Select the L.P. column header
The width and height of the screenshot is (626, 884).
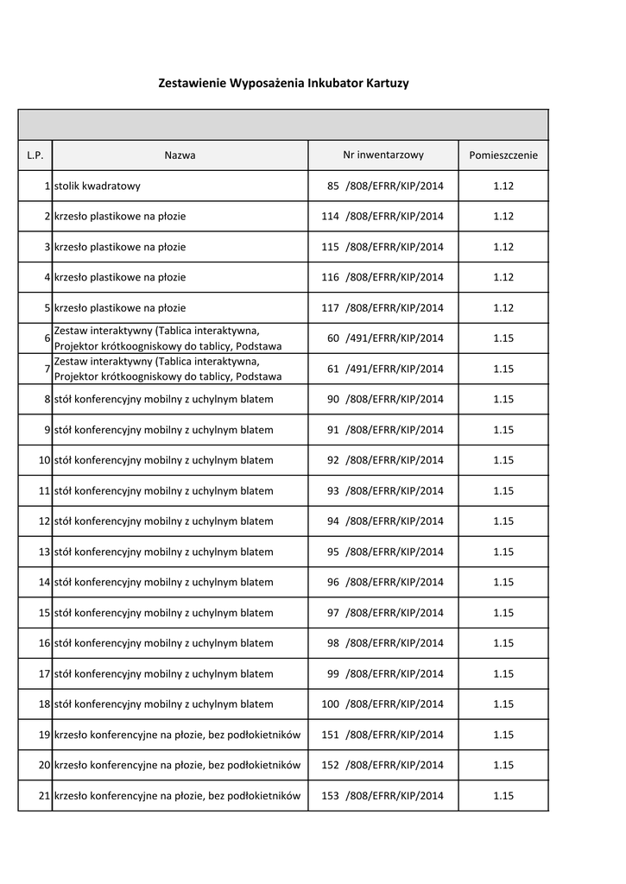35,155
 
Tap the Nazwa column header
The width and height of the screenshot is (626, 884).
180,155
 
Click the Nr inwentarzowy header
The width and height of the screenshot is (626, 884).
383,155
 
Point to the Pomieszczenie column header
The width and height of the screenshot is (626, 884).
503,155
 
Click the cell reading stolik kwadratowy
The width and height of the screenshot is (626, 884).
98,186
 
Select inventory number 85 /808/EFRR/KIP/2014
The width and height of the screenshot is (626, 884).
383,186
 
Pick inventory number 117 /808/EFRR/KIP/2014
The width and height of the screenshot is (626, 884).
383,308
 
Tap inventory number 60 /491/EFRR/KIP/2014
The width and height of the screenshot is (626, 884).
383,338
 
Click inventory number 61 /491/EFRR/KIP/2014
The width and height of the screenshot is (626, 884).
383,369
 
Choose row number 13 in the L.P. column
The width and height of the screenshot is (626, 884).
44,552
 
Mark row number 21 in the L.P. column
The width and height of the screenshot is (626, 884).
44,796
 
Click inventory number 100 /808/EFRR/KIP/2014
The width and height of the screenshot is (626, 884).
383,704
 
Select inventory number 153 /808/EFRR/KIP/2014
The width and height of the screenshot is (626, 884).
383,796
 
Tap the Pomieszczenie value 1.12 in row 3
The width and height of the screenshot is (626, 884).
503,247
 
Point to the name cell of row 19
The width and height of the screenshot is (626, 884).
177,735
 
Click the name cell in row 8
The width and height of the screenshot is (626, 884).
163,400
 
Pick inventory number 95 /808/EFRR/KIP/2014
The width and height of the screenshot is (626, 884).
383,552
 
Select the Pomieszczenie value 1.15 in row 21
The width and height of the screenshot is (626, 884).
503,796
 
